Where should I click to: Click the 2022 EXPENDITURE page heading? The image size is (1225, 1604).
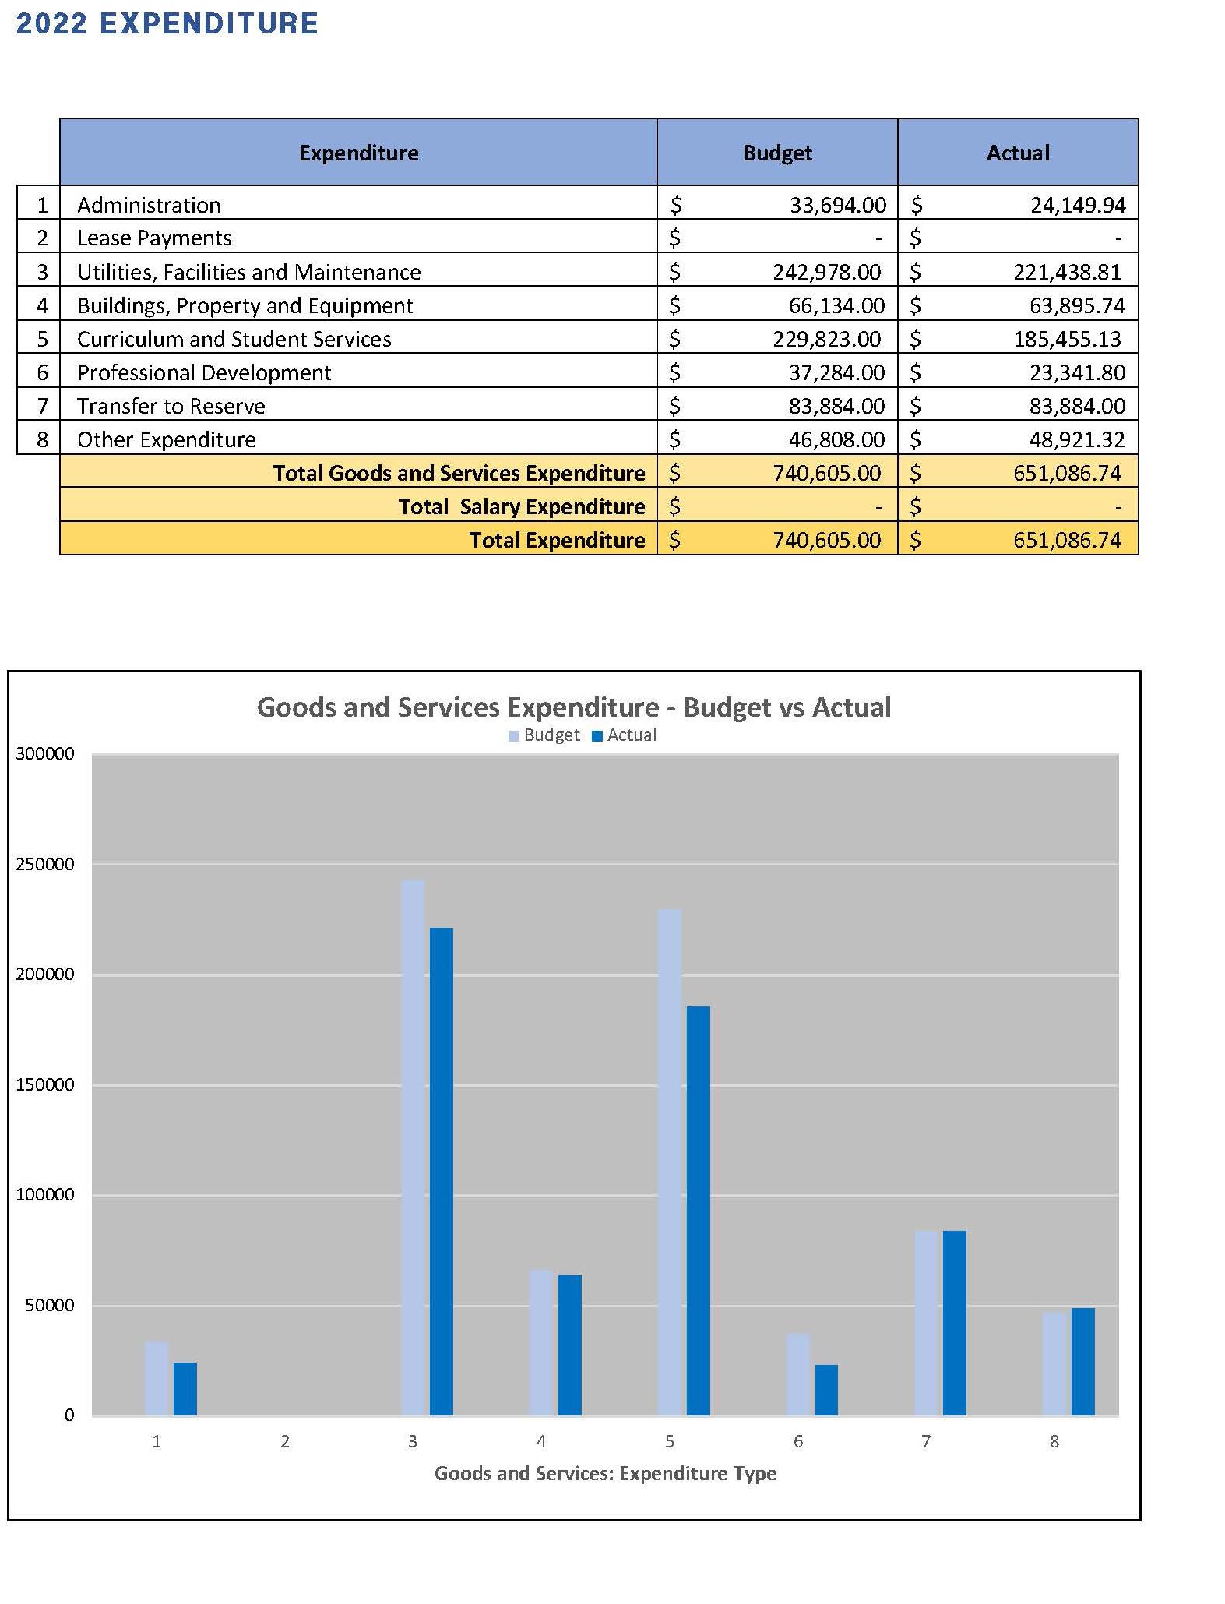coord(167,23)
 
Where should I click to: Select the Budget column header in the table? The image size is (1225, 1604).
coord(777,153)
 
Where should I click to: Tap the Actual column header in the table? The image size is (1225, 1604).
coord(1018,153)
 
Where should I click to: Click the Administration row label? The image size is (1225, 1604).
coord(149,205)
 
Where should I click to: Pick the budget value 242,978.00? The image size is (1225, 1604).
coord(826,272)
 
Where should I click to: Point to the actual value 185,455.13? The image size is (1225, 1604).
coord(1067,339)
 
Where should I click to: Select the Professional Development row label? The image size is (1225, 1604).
coord(204,372)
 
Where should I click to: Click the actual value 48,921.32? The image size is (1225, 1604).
coord(1077,439)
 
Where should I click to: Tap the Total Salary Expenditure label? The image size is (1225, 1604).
coord(521,506)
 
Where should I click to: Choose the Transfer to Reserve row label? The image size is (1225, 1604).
coord(171,406)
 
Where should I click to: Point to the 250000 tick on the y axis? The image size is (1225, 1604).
coord(45,864)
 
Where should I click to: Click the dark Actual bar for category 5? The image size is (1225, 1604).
coord(698,1207)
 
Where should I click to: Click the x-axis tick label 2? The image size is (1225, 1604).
coord(285,1441)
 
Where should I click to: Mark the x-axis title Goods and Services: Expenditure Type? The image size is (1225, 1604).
coord(605,1473)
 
